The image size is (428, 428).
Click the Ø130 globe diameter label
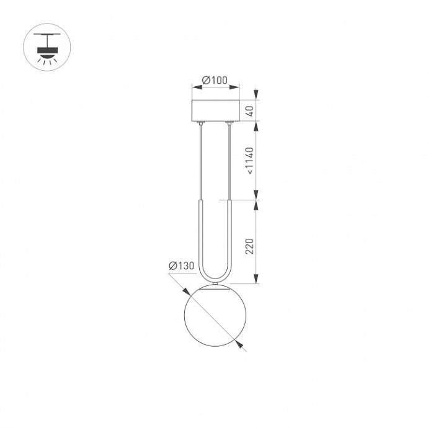pos(181,266)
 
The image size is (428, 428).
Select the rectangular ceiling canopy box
pos(215,110)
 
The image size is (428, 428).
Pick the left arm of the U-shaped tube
pos(200,236)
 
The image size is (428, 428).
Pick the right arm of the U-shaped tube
pos(230,236)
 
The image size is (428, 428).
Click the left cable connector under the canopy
pos(200,125)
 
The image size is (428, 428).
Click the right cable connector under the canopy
pos(230,125)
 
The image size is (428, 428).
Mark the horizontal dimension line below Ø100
pos(215,89)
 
